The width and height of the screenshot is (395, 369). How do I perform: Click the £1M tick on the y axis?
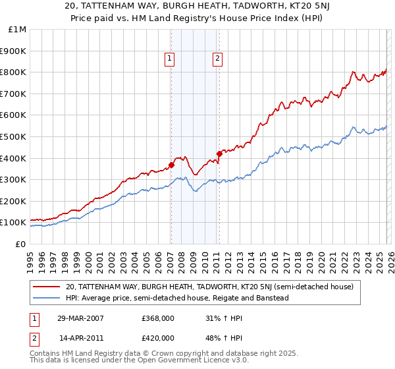coord(16,30)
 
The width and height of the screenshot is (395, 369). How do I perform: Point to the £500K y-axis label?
coord(14,136)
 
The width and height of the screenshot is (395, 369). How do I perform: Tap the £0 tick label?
coord(20,244)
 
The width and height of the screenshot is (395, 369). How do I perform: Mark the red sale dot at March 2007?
coord(171,165)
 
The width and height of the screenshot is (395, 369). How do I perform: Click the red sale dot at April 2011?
coord(219,154)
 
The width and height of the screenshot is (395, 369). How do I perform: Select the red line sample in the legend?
coord(47,287)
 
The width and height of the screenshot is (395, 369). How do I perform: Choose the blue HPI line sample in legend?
coord(47,298)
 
